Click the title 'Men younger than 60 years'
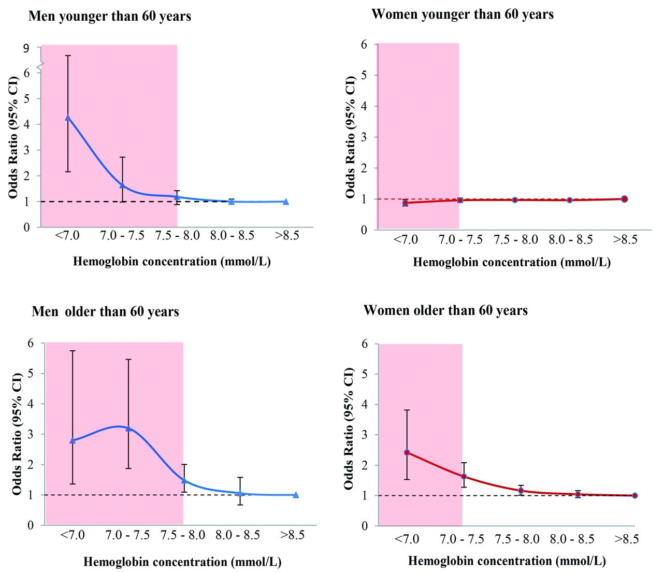point(110,17)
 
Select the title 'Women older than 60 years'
point(445,310)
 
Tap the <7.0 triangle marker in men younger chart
point(68,118)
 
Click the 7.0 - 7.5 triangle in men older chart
point(128,428)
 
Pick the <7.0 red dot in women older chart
point(407,452)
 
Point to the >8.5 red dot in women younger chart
point(624,199)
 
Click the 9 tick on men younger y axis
point(26,48)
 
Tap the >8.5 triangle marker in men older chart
point(296,495)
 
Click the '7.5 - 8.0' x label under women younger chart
point(515,239)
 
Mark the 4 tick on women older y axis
point(364,404)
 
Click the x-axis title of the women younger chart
point(512,262)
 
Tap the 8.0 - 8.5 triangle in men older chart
point(240,493)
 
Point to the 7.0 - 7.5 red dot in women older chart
point(464,476)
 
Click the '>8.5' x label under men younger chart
point(287,235)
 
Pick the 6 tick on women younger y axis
point(364,45)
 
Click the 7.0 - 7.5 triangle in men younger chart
point(122,185)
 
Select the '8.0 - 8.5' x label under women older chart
point(572,539)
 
